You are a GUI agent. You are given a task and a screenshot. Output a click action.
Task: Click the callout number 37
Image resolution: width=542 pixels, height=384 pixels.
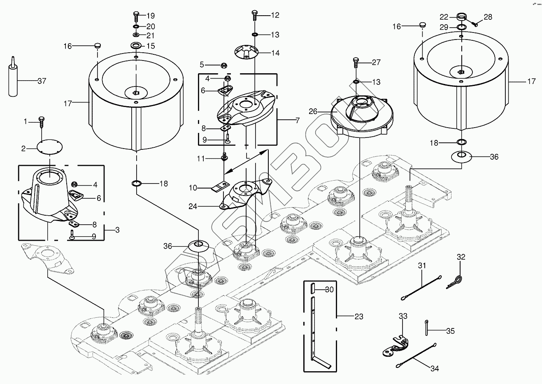click(42, 81)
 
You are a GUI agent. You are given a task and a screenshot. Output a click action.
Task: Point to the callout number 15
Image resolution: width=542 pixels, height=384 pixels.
click(151, 46)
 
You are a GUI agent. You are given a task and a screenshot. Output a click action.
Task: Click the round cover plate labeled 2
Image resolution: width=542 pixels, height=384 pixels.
click(49, 147)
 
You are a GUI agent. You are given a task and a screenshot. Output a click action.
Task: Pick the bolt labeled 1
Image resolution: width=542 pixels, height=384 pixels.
click(41, 121)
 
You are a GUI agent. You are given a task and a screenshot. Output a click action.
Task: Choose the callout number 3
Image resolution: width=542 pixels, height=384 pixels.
click(117, 230)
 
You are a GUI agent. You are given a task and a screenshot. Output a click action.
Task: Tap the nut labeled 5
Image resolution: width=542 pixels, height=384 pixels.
click(225, 65)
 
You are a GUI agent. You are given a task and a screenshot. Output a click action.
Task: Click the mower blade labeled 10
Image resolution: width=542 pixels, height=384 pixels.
click(221, 188)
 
